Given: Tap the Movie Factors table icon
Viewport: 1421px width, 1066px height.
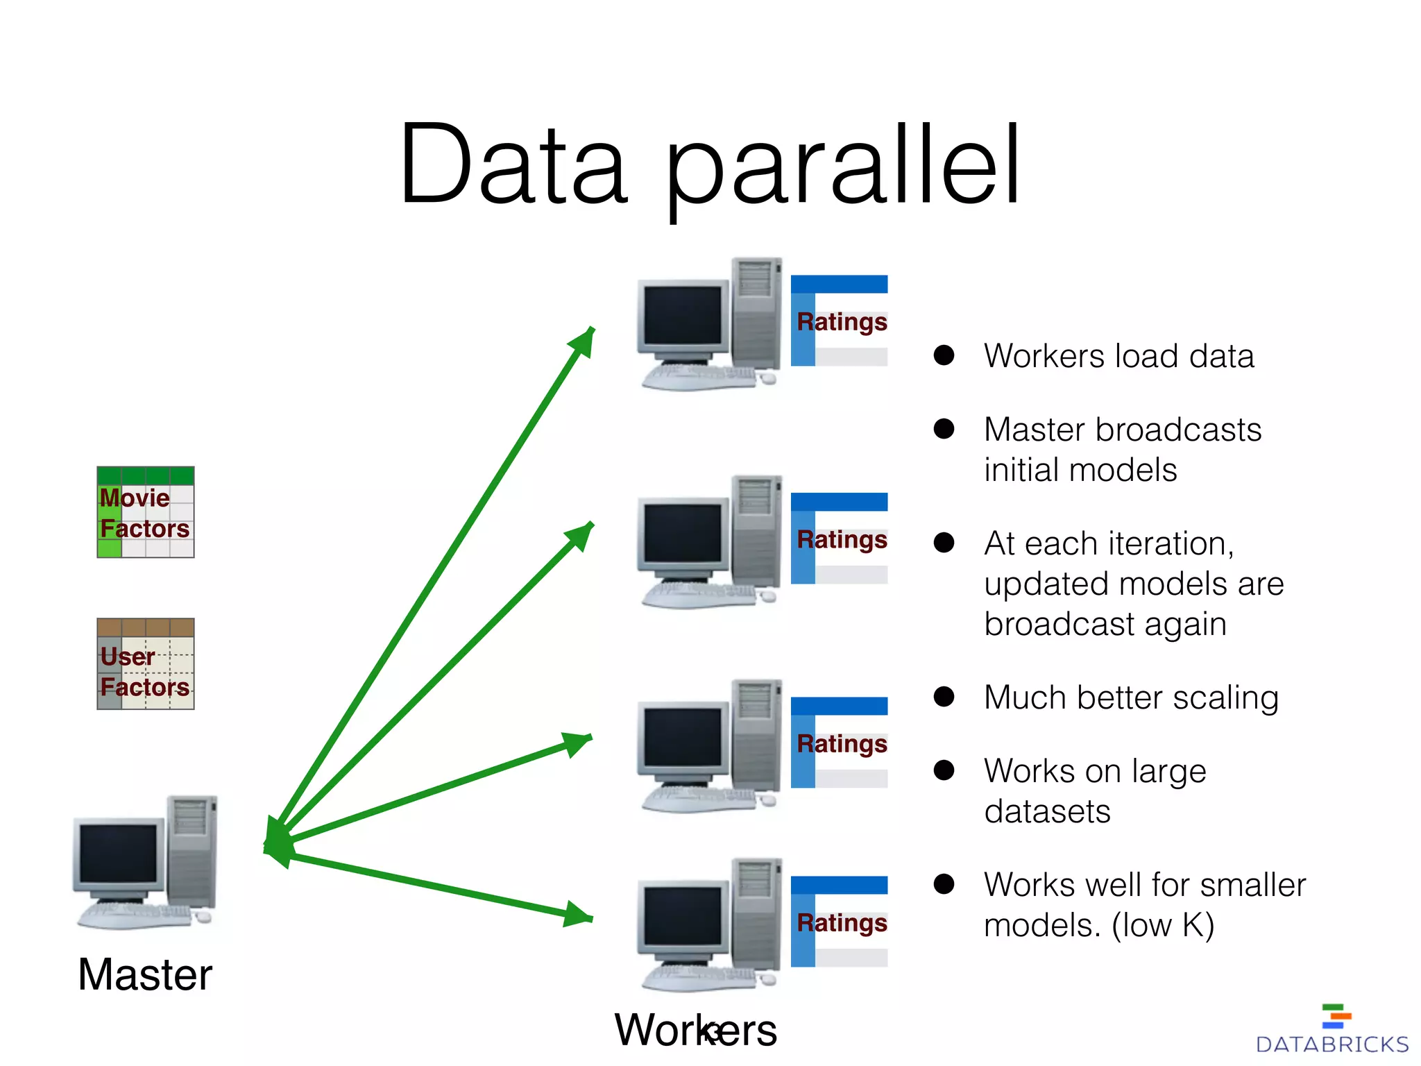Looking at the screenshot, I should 146,512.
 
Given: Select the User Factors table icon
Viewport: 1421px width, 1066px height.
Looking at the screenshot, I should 146,664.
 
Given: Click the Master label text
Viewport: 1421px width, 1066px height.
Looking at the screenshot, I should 144,974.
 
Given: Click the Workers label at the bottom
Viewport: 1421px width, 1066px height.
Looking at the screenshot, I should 695,1030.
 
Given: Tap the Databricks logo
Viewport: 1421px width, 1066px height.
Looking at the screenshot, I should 1332,1031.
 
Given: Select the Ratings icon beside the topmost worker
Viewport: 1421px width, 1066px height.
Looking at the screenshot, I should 839,321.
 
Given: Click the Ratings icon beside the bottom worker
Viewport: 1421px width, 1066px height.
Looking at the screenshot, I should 839,922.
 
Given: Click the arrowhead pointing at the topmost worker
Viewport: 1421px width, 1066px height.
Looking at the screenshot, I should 583,341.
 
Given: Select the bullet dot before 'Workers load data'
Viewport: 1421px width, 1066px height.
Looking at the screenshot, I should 944,355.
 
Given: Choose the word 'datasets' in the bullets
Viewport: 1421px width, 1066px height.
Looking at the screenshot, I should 1047,811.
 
